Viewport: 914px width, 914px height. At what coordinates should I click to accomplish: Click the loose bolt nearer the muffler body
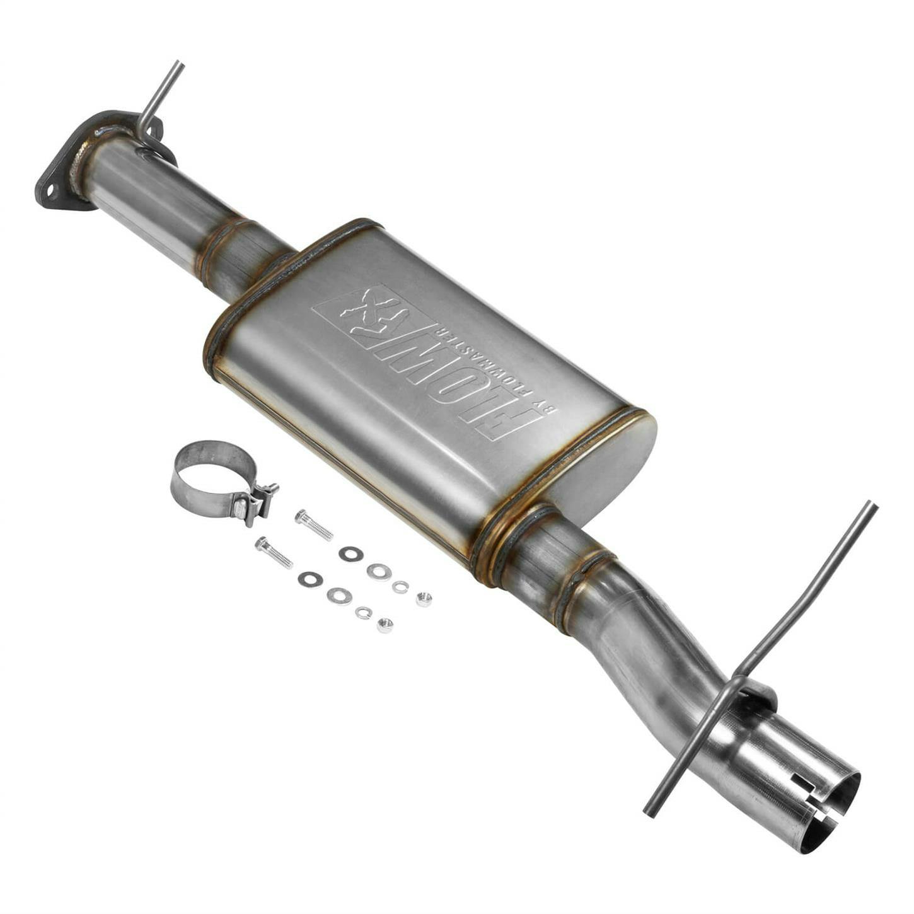313,525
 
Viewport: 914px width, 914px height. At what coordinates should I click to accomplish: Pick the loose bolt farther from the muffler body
274,552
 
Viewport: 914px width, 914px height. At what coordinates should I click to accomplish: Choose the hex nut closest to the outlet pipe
424,599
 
